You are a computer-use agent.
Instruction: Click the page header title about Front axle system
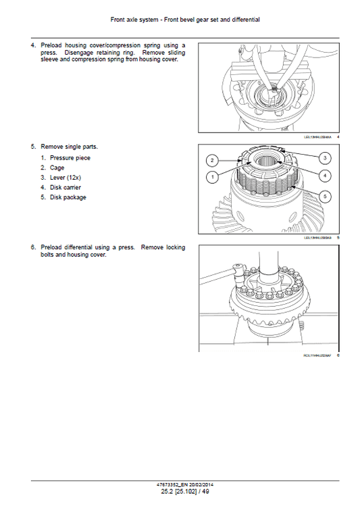coord(180,20)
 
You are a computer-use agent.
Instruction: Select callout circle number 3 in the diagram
coord(325,157)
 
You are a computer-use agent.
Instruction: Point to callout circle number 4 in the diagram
coord(325,176)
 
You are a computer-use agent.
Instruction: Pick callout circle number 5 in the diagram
coord(325,197)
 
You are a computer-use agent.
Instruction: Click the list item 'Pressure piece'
coord(70,157)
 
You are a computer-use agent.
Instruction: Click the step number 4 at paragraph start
coord(32,45)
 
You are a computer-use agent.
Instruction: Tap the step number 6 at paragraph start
coord(32,247)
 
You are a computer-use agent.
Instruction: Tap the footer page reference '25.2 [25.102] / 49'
coord(180,492)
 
